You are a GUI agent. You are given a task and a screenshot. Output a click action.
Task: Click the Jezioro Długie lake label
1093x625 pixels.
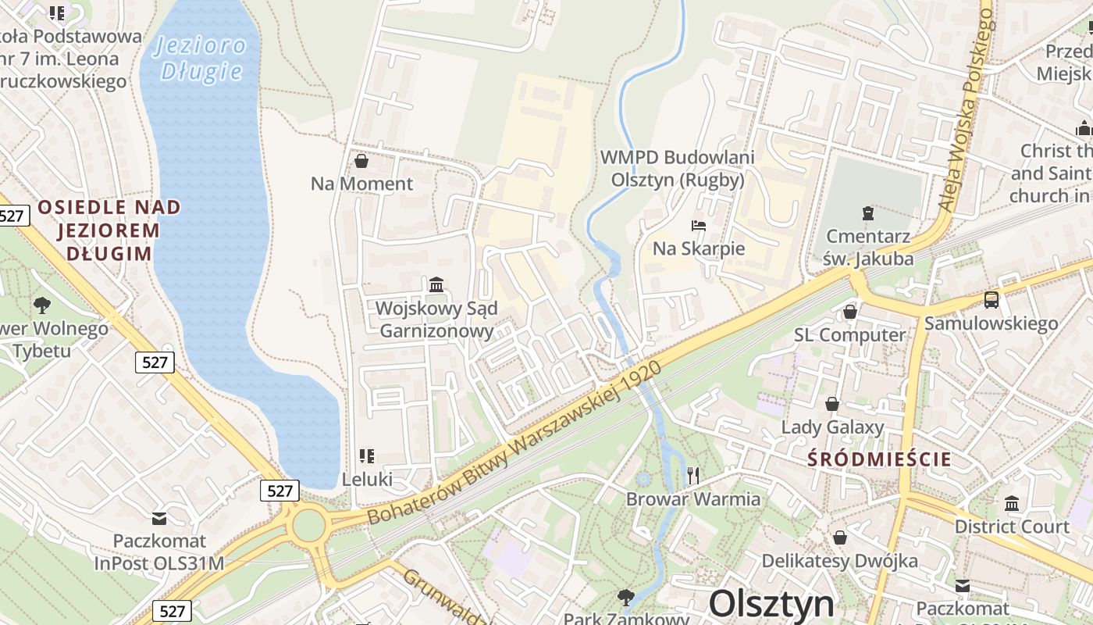pyautogui.click(x=201, y=59)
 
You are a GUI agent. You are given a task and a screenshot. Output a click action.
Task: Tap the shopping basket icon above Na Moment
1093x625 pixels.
pyautogui.click(x=361, y=162)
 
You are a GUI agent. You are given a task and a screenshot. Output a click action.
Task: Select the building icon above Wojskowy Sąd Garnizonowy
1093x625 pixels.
pyautogui.click(x=436, y=285)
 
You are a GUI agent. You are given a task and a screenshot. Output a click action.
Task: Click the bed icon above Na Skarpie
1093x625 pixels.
pyautogui.click(x=699, y=227)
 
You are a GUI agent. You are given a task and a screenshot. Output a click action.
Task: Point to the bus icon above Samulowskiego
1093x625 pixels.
pyautogui.click(x=991, y=299)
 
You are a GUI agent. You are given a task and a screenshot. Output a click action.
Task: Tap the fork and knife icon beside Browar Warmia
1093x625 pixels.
pyautogui.click(x=693, y=475)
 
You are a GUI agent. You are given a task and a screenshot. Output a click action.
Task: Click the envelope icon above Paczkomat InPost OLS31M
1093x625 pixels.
pyautogui.click(x=159, y=518)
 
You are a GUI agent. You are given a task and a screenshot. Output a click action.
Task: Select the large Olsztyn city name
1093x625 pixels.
pyautogui.click(x=771, y=605)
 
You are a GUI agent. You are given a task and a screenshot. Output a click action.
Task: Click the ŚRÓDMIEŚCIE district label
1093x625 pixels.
pyautogui.click(x=879, y=459)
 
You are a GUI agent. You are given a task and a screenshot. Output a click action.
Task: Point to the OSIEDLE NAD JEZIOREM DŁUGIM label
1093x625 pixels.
pyautogui.click(x=109, y=230)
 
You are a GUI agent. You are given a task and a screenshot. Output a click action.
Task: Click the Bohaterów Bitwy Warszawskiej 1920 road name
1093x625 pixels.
pyautogui.click(x=514, y=443)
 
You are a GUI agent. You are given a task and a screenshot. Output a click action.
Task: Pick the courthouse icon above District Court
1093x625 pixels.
pyautogui.click(x=1012, y=503)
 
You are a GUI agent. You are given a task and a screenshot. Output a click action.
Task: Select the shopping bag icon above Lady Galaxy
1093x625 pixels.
pyautogui.click(x=832, y=404)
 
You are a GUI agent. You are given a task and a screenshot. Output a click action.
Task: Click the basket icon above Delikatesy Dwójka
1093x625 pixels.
pyautogui.click(x=839, y=537)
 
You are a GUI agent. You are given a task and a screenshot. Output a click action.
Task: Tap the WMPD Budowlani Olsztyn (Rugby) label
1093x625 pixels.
pyautogui.click(x=677, y=168)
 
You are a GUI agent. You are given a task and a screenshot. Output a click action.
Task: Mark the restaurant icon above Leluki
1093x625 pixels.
pyautogui.click(x=366, y=455)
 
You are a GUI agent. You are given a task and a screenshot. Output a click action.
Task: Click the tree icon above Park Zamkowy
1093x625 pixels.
pyautogui.click(x=625, y=598)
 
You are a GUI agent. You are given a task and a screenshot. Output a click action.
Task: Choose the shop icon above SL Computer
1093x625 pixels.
pyautogui.click(x=850, y=312)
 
